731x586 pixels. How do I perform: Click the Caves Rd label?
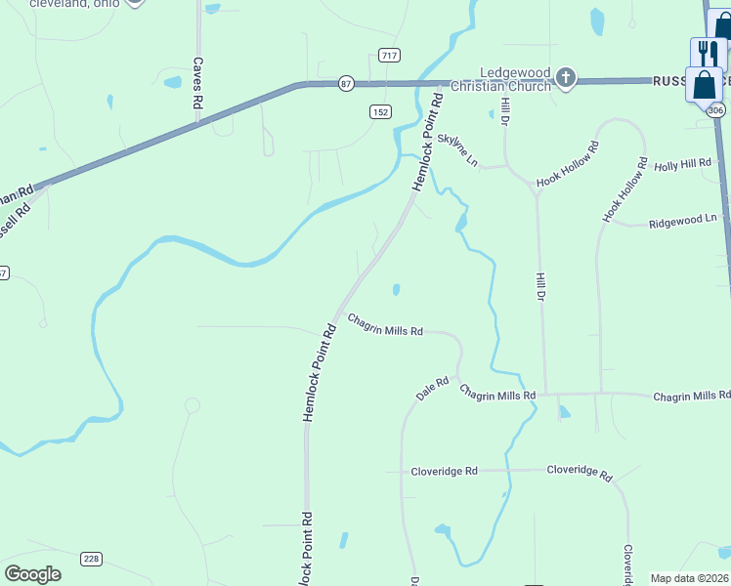coord(197,81)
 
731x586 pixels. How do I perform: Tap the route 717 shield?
coord(390,56)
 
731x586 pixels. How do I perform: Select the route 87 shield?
coord(346,84)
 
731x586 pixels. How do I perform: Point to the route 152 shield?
coord(381,112)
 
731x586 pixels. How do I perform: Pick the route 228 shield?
coord(91,558)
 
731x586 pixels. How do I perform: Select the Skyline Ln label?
coord(458,149)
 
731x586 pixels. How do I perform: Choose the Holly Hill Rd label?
coord(683,165)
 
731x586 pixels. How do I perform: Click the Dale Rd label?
coord(431,388)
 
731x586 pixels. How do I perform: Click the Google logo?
coord(32,573)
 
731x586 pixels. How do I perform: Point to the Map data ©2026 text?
coord(689,578)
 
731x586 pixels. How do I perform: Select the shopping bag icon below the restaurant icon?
coord(704,85)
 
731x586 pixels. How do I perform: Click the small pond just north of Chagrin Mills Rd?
coord(396,289)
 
